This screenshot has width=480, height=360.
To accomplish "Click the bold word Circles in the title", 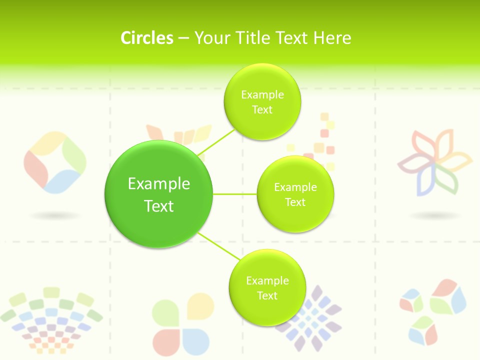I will [147, 38].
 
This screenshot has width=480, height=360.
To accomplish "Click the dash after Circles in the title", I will [183, 38].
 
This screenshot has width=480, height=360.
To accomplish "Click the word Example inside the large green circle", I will [159, 184].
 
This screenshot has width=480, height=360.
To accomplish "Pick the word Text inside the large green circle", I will [159, 206].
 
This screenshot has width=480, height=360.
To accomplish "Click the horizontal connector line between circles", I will [235, 194].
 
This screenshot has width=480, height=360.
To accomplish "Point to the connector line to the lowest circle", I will [218, 246].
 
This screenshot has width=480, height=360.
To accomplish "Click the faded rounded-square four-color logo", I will [54, 162].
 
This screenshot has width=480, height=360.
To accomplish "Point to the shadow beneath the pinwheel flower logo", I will [435, 215].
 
